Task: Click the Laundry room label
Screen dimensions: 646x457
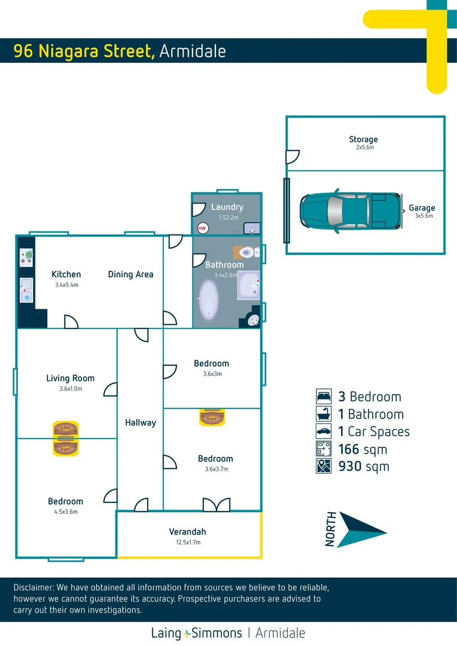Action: click(x=227, y=208)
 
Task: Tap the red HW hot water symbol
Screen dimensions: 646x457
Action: click(x=202, y=228)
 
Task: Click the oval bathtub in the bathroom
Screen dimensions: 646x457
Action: click(x=209, y=297)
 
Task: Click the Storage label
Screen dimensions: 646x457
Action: click(x=363, y=139)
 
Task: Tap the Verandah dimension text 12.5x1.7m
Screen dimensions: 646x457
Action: click(x=187, y=543)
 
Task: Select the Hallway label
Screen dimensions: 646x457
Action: click(x=141, y=422)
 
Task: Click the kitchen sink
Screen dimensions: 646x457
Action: click(x=26, y=290)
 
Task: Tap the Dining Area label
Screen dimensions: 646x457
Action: click(x=130, y=275)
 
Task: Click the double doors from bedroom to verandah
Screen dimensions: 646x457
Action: click(x=216, y=505)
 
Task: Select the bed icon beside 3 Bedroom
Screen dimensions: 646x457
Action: click(x=324, y=397)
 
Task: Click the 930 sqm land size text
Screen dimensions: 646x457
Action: click(x=364, y=467)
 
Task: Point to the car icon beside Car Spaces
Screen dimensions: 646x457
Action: click(x=324, y=431)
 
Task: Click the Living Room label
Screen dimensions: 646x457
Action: click(x=71, y=378)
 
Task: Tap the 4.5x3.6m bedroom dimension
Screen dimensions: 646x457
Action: click(x=66, y=512)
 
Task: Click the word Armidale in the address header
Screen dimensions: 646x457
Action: click(x=193, y=51)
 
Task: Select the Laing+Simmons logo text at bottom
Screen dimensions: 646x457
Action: click(x=197, y=633)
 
